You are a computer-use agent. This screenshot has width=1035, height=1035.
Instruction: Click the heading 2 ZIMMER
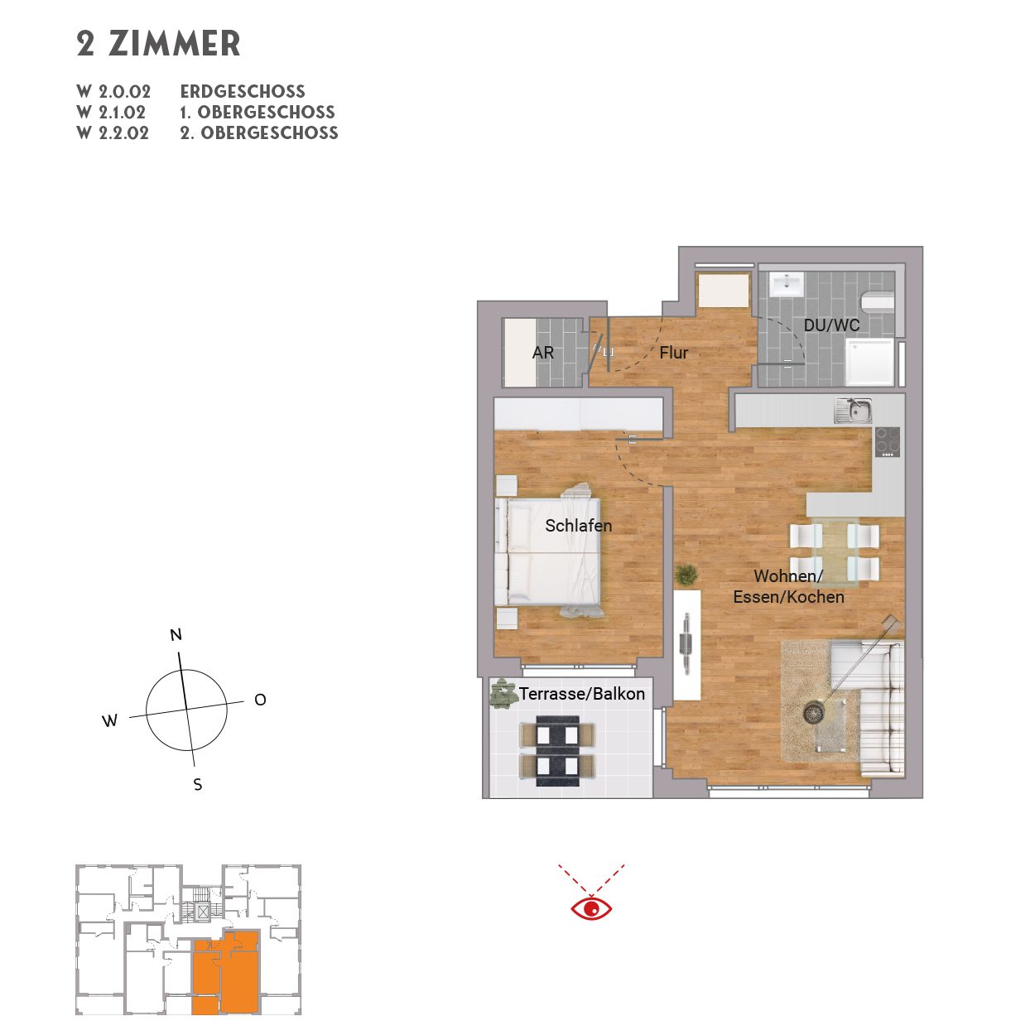coord(158,44)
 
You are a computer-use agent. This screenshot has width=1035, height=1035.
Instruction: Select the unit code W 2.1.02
coord(112,113)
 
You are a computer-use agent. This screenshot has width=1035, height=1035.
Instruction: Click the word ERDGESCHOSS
coord(243,92)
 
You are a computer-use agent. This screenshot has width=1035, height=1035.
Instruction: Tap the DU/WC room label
coord(831,325)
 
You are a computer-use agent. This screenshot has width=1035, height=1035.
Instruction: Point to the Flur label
coord(674,353)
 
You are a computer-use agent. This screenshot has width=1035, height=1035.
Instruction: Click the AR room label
coord(543,353)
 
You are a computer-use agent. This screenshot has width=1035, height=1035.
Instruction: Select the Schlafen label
coord(578,526)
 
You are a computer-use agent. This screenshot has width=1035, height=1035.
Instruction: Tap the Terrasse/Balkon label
coord(581,694)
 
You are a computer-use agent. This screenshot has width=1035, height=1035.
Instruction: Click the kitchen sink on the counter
coord(853,410)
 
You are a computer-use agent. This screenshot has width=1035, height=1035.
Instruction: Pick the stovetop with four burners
coord(887,441)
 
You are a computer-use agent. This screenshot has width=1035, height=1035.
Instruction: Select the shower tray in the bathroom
coord(869,362)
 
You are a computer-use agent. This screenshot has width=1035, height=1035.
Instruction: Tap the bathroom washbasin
coord(783,284)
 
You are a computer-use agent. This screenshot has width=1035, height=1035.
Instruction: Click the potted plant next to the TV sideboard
coord(686,574)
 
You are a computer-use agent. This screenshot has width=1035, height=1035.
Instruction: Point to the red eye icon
coord(591,908)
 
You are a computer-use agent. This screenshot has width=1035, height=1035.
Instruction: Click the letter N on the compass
coord(176,635)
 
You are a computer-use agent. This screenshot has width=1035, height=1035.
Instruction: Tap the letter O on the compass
coord(260,700)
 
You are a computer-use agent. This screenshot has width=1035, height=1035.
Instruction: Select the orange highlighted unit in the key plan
coord(226,973)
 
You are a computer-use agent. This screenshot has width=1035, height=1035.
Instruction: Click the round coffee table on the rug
coord(814,712)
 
